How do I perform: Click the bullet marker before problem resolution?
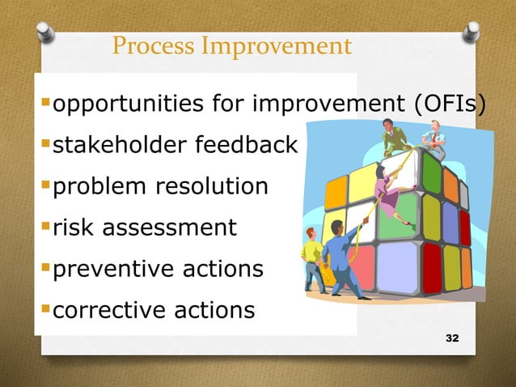click(45, 187)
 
